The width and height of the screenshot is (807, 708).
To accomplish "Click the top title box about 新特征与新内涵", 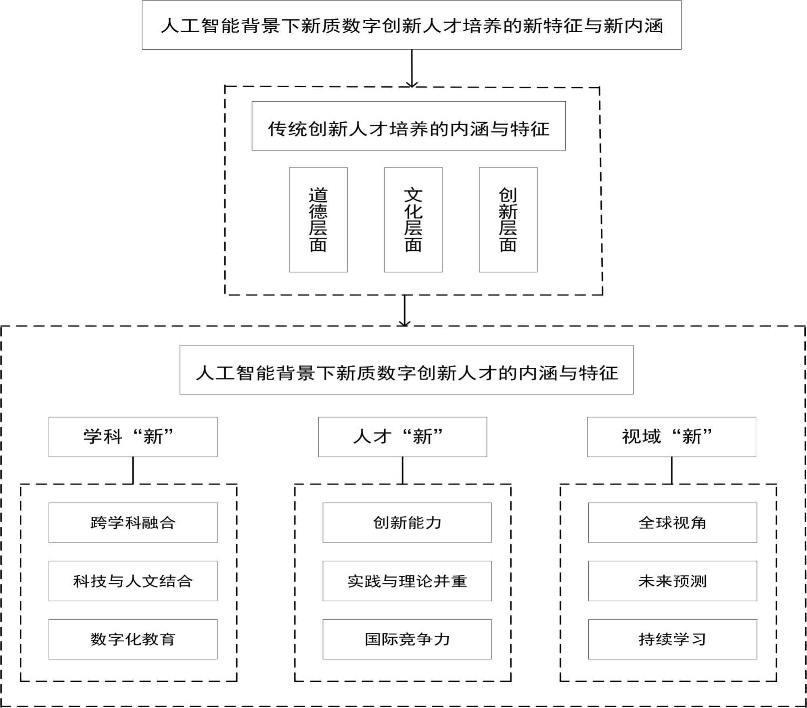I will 412,25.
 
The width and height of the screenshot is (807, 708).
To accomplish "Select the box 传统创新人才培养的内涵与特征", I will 408,126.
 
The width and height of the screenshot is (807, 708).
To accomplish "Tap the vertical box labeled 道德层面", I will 318,220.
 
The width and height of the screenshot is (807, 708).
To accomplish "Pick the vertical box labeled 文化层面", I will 413,220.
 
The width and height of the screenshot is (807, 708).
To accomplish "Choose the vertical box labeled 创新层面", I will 508,220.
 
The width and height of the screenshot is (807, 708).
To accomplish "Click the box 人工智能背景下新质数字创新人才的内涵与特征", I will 406,370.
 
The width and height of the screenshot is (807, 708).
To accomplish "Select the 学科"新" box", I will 133,437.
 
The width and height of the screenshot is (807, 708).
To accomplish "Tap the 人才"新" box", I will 402,437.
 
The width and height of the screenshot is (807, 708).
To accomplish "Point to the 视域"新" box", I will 671,437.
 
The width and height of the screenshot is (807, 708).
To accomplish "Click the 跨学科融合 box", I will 133,522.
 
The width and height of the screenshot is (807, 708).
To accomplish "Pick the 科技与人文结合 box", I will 133,581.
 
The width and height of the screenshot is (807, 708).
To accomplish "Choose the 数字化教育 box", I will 133,639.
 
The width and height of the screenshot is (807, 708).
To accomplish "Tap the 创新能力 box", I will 407,522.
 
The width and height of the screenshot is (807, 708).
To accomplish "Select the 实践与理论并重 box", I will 407,581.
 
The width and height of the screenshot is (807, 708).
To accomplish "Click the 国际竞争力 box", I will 407,639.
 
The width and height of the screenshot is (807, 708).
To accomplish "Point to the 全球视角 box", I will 672,522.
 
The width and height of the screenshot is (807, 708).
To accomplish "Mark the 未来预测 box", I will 672,581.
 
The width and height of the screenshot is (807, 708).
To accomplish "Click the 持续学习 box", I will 672,639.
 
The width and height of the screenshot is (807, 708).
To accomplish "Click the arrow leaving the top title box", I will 412,68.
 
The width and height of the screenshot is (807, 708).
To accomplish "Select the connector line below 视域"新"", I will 672,470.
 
